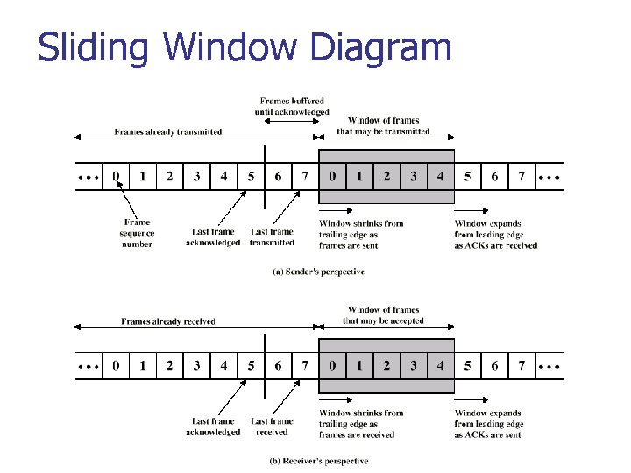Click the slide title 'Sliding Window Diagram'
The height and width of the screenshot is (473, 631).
click(x=245, y=47)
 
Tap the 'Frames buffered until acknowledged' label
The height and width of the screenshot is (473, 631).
click(x=294, y=107)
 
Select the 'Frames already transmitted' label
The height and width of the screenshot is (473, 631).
click(x=168, y=132)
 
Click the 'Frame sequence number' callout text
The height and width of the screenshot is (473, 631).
click(x=138, y=233)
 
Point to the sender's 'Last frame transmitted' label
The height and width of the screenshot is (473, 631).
click(x=272, y=237)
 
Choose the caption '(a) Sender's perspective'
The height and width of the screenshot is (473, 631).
click(x=318, y=272)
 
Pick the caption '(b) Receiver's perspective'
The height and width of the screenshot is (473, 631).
click(x=318, y=461)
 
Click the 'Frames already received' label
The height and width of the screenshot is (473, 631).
click(x=168, y=321)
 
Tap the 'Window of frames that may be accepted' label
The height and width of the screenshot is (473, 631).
click(x=383, y=315)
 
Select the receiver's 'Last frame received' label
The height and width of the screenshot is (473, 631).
click(x=272, y=427)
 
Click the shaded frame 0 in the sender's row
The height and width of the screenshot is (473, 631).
click(x=331, y=177)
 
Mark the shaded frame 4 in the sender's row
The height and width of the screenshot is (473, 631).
click(x=440, y=177)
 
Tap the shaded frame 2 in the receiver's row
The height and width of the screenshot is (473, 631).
click(x=386, y=365)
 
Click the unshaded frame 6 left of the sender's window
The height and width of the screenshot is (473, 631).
click(x=278, y=177)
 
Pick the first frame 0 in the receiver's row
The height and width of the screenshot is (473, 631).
click(x=115, y=365)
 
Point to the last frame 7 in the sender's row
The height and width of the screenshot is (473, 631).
click(x=521, y=177)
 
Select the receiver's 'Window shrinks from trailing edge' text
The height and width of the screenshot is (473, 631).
click(x=361, y=424)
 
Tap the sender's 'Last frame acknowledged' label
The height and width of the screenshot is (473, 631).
click(x=213, y=237)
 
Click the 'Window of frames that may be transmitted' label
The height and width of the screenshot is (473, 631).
click(x=383, y=126)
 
